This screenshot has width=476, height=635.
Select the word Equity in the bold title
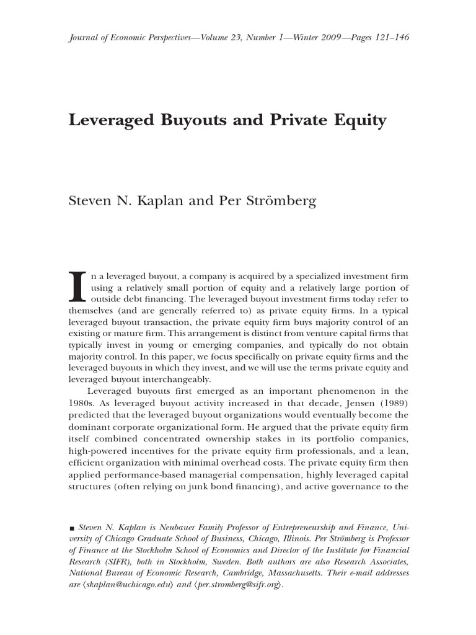point(360,120)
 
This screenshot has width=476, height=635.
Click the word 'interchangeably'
point(175,378)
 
